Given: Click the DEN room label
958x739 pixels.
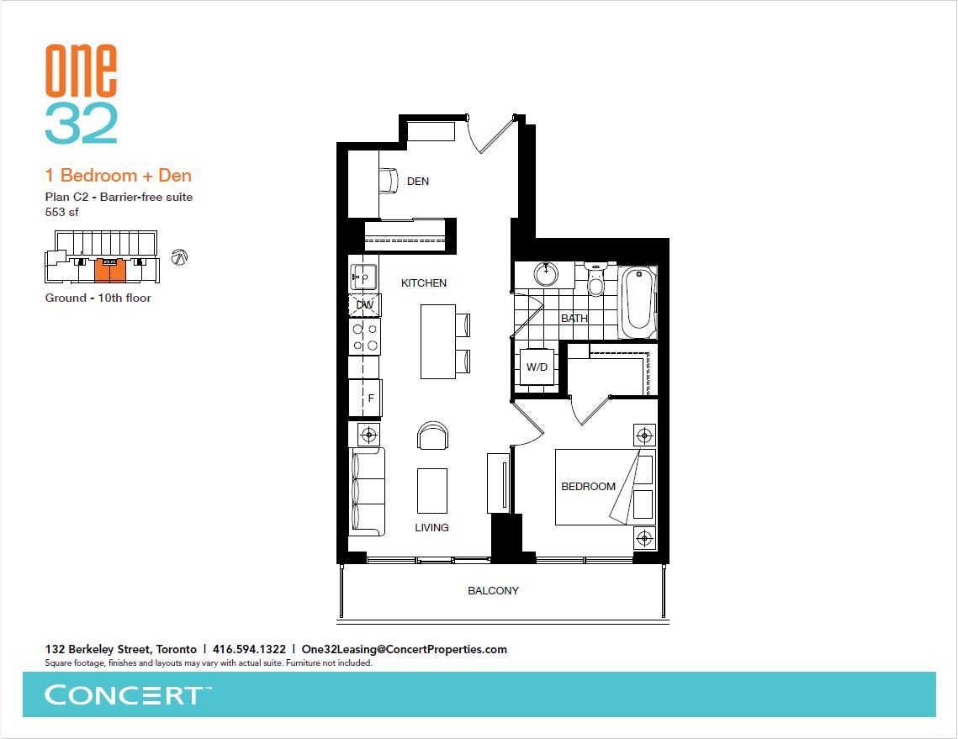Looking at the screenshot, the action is tap(418, 182).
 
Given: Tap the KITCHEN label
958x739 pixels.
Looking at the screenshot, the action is tap(423, 282).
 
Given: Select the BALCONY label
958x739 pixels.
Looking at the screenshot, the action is tap(493, 590).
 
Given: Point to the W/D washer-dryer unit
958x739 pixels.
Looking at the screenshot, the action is tap(537, 367).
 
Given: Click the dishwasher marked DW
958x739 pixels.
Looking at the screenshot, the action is tap(365, 304).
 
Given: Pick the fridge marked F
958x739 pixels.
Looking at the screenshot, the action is tap(365, 399).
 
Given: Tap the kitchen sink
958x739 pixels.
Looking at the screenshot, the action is tap(363, 277).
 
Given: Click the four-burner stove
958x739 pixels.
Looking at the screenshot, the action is tap(365, 336).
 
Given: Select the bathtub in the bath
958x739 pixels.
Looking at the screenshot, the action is tap(638, 303).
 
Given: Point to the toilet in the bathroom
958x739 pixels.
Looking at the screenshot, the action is tap(595, 278).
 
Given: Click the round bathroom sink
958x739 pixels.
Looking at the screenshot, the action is tap(546, 274).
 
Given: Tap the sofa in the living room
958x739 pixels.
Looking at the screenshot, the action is tap(367, 492).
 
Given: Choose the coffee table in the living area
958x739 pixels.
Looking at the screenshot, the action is tap(432, 491).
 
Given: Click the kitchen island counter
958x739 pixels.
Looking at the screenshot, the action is tap(438, 342).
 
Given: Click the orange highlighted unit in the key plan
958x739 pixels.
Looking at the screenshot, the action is tap(110, 271).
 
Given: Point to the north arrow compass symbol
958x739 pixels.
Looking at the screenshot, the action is tap(179, 257).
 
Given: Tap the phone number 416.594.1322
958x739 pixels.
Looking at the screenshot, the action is tap(249, 649).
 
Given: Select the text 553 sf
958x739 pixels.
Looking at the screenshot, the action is tap(61, 212).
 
